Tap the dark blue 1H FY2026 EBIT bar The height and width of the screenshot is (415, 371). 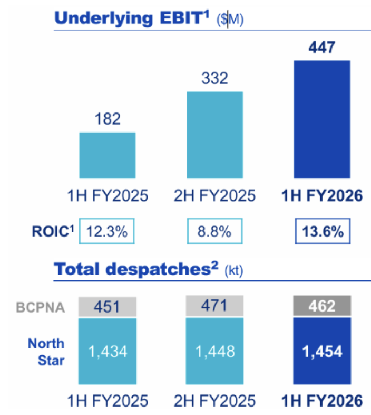322,119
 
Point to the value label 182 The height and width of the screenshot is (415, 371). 108,118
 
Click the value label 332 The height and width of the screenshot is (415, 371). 215,78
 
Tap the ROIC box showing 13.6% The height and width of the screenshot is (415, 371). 322,231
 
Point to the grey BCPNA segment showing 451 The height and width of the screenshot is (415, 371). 108,306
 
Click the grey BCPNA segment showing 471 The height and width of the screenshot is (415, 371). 215,306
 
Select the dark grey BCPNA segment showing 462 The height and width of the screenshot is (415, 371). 322,306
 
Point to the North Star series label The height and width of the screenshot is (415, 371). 46,351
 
